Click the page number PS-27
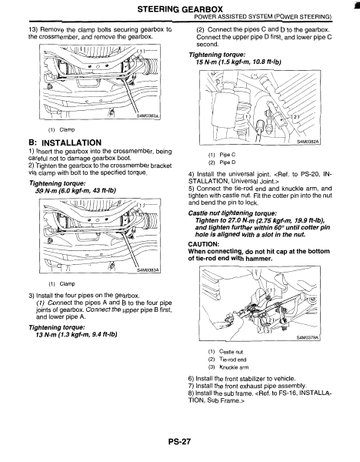pyautogui.click(x=179, y=442)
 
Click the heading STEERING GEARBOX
pyautogui.click(x=180, y=9)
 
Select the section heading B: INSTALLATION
pyautogui.click(x=65, y=143)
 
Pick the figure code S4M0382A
pyautogui.click(x=308, y=142)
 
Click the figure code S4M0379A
pyautogui.click(x=308, y=338)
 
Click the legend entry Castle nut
pyautogui.click(x=231, y=352)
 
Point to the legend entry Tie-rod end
pyautogui.click(x=233, y=360)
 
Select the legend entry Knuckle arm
pyautogui.click(x=234, y=367)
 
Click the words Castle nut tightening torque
pyautogui.click(x=232, y=213)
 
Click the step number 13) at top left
pyautogui.click(x=33, y=30)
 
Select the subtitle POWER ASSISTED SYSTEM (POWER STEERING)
pyautogui.click(x=263, y=17)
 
